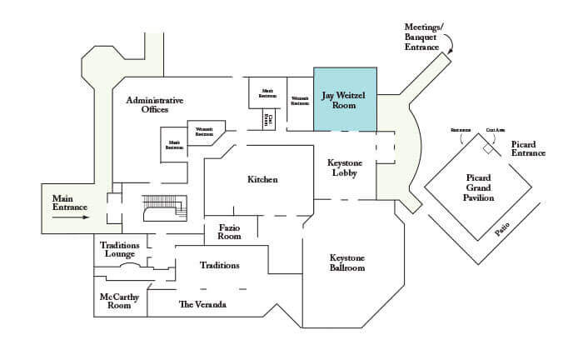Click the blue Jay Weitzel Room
(344, 99)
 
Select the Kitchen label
(262, 180)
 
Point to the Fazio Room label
(230, 231)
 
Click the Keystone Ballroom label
(348, 262)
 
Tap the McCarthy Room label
(119, 301)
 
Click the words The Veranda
(202, 305)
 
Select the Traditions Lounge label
(120, 250)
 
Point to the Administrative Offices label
(154, 105)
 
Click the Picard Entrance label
(528, 148)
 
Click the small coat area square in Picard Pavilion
(488, 148)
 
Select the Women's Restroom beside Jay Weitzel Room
(299, 99)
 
